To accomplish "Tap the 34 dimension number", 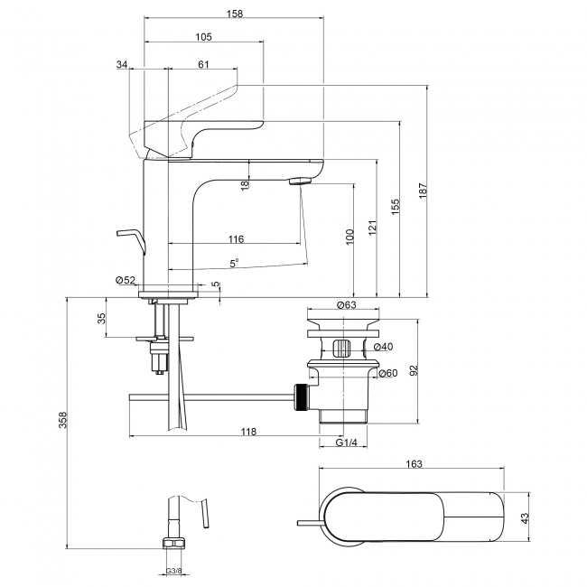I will (x=123, y=63).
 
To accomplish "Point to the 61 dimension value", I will (x=203, y=63).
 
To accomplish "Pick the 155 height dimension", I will (x=395, y=207).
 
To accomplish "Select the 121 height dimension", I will (x=372, y=229).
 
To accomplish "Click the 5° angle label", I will (x=234, y=263).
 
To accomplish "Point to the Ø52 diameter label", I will (x=126, y=280).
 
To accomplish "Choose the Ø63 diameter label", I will (x=345, y=305).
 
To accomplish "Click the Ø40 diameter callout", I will (x=384, y=347).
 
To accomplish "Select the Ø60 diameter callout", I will (x=387, y=373).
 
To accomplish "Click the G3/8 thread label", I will (x=173, y=570).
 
